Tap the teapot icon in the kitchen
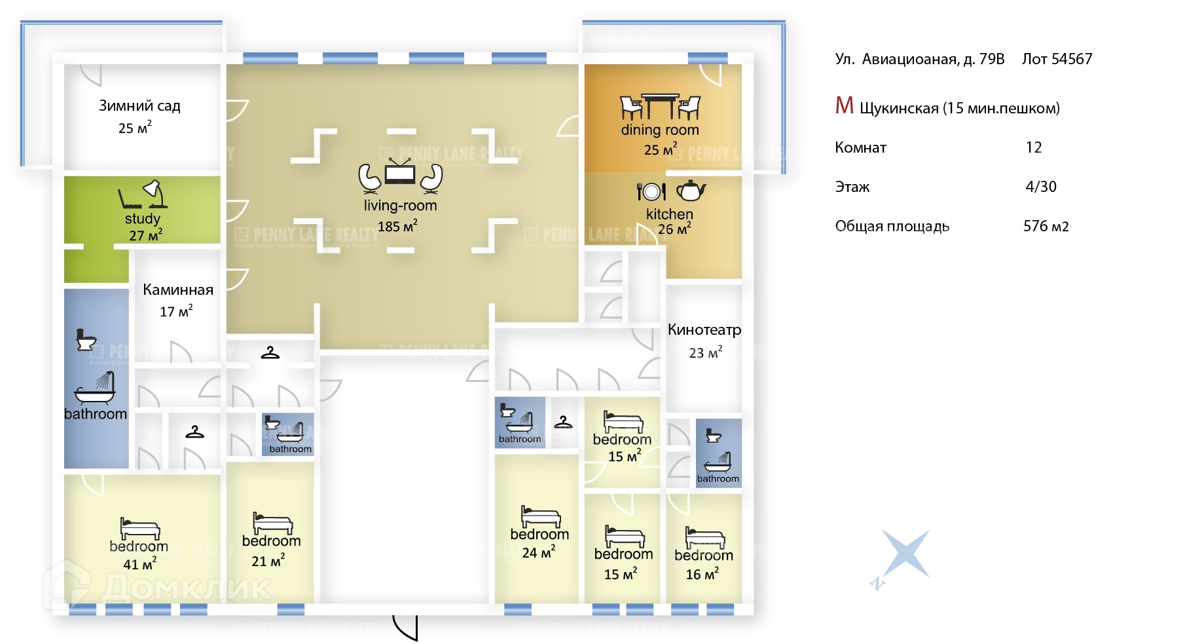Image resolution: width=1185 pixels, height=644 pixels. (691, 191)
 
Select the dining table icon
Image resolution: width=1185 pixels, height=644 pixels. (660, 107)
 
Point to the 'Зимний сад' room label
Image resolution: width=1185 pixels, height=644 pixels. (139, 106)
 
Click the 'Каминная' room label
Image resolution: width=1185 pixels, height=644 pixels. (178, 290)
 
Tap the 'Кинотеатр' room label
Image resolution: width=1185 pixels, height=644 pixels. (704, 330)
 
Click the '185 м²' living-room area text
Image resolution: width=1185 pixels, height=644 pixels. (397, 227)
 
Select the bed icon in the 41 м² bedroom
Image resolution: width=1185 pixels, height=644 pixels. (139, 528)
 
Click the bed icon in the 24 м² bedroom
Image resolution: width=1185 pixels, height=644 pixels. (540, 516)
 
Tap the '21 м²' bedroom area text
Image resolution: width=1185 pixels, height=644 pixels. (268, 561)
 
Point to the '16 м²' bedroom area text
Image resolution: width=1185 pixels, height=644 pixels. (702, 574)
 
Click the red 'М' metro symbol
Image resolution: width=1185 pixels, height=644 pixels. (844, 105)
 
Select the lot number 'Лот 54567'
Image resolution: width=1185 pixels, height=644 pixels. (1057, 59)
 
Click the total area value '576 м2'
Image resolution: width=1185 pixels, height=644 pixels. (1046, 226)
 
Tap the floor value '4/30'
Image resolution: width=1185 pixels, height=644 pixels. (1041, 187)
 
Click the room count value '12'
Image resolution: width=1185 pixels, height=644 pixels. (1034, 147)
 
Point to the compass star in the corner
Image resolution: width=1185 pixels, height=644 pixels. (905, 554)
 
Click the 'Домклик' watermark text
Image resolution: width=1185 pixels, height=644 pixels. (187, 587)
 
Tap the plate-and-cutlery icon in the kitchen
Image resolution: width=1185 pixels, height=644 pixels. (651, 191)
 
